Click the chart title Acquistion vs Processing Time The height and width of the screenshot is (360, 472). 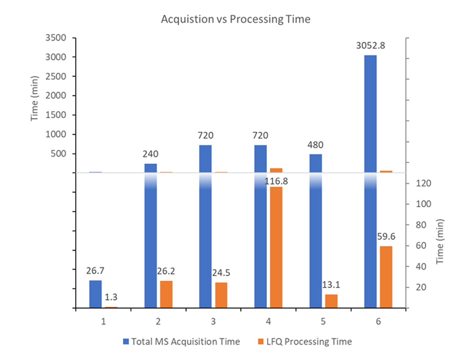click(x=236, y=19)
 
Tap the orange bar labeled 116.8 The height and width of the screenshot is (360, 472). click(x=276, y=247)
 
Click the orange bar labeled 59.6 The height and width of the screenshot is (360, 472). click(x=386, y=277)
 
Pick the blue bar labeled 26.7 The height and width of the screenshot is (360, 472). click(x=96, y=294)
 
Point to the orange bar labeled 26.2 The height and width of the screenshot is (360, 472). click(x=166, y=294)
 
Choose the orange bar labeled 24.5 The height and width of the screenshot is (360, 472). click(x=221, y=295)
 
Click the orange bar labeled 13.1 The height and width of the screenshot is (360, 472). click(x=331, y=301)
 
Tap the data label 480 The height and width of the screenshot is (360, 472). click(x=315, y=145)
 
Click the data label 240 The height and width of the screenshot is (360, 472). click(x=150, y=154)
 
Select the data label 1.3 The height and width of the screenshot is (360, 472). click(x=111, y=297)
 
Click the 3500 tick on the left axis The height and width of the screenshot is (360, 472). click(x=56, y=38)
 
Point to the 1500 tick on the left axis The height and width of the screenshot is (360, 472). click(x=56, y=115)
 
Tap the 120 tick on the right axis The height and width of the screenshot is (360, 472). click(x=423, y=183)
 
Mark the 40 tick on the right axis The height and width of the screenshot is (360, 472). click(x=421, y=266)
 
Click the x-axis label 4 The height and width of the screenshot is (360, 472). click(x=268, y=322)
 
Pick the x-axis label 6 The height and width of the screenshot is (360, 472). click(x=378, y=322)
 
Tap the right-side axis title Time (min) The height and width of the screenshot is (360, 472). click(x=440, y=242)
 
